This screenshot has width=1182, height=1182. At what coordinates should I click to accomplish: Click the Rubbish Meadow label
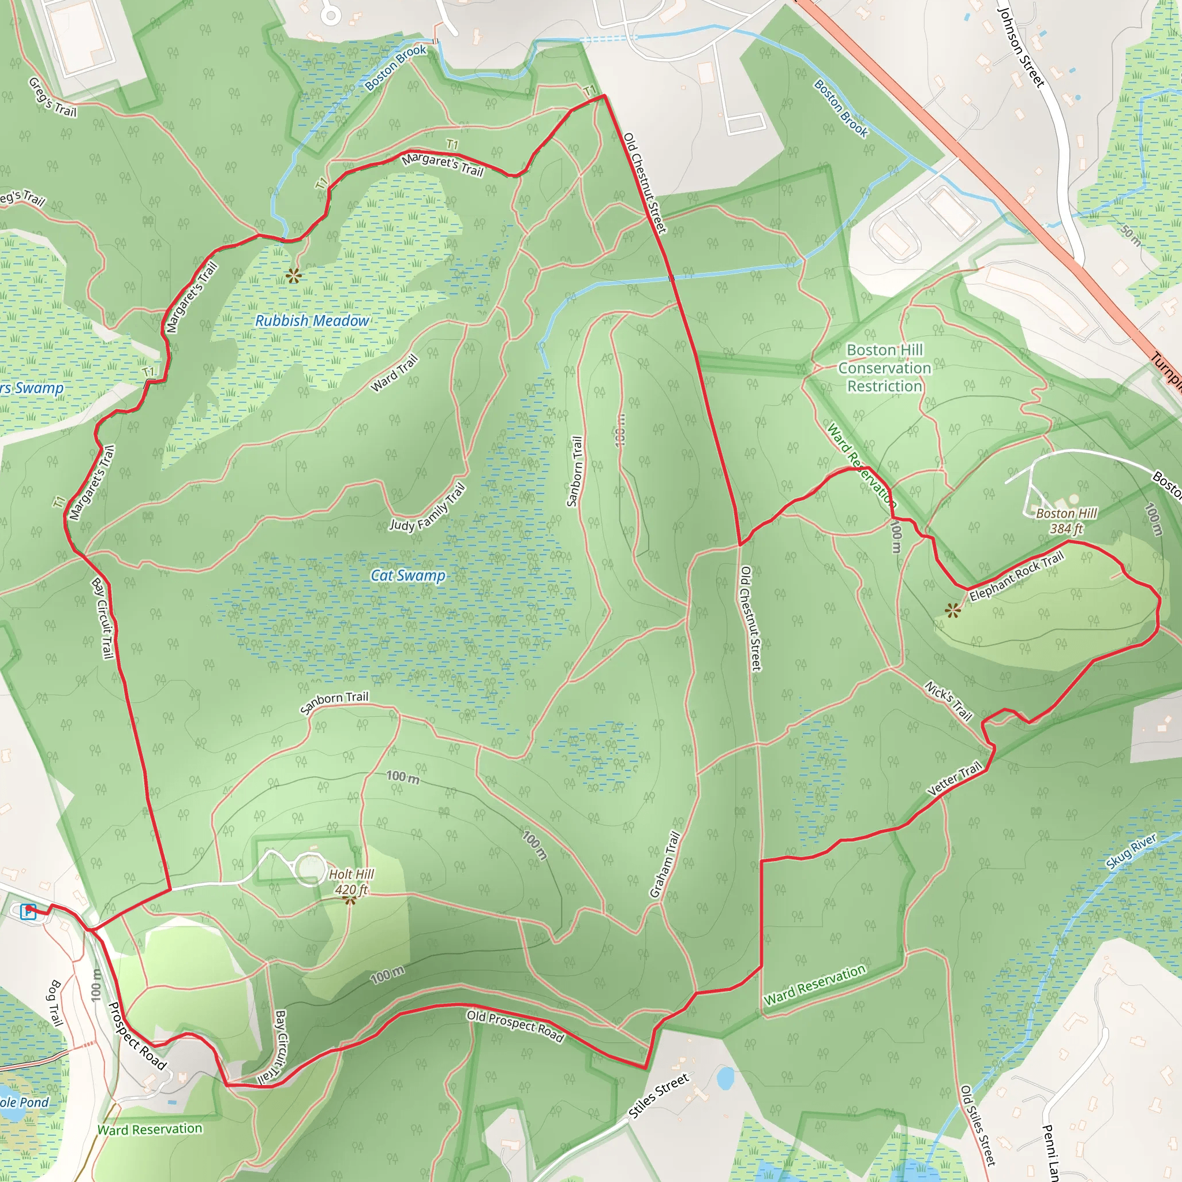coord(312,320)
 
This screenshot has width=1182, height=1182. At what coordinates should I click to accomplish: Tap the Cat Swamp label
coord(408,575)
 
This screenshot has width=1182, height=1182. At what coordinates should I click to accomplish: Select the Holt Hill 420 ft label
coord(351,882)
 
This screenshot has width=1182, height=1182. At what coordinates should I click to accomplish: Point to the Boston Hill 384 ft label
coord(1067,521)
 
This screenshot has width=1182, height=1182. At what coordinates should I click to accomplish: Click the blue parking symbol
coord(28,911)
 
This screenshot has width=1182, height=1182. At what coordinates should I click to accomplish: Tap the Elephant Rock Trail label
coord(1016,575)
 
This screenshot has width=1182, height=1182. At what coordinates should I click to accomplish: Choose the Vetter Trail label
coord(955,778)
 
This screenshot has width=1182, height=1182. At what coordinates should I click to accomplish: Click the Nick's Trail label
coord(948,701)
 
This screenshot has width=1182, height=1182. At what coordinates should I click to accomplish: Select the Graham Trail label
coord(665,865)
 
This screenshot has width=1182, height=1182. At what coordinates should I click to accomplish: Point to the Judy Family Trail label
coord(428,508)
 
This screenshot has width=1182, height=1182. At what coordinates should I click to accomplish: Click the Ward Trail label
coord(395,373)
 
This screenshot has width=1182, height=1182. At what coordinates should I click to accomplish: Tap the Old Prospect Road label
coord(515,1026)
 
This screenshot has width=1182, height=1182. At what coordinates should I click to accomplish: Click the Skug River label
coord(1131,851)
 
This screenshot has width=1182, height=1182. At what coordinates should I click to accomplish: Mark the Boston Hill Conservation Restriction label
coord(885,368)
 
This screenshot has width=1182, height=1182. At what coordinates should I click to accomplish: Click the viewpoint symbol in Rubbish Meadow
coord(294,276)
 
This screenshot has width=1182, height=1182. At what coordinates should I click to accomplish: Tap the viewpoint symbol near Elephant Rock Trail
coord(952,610)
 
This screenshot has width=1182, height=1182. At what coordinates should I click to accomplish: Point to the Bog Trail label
coord(55,1003)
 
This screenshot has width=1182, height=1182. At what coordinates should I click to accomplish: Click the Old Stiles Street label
coord(978,1125)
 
